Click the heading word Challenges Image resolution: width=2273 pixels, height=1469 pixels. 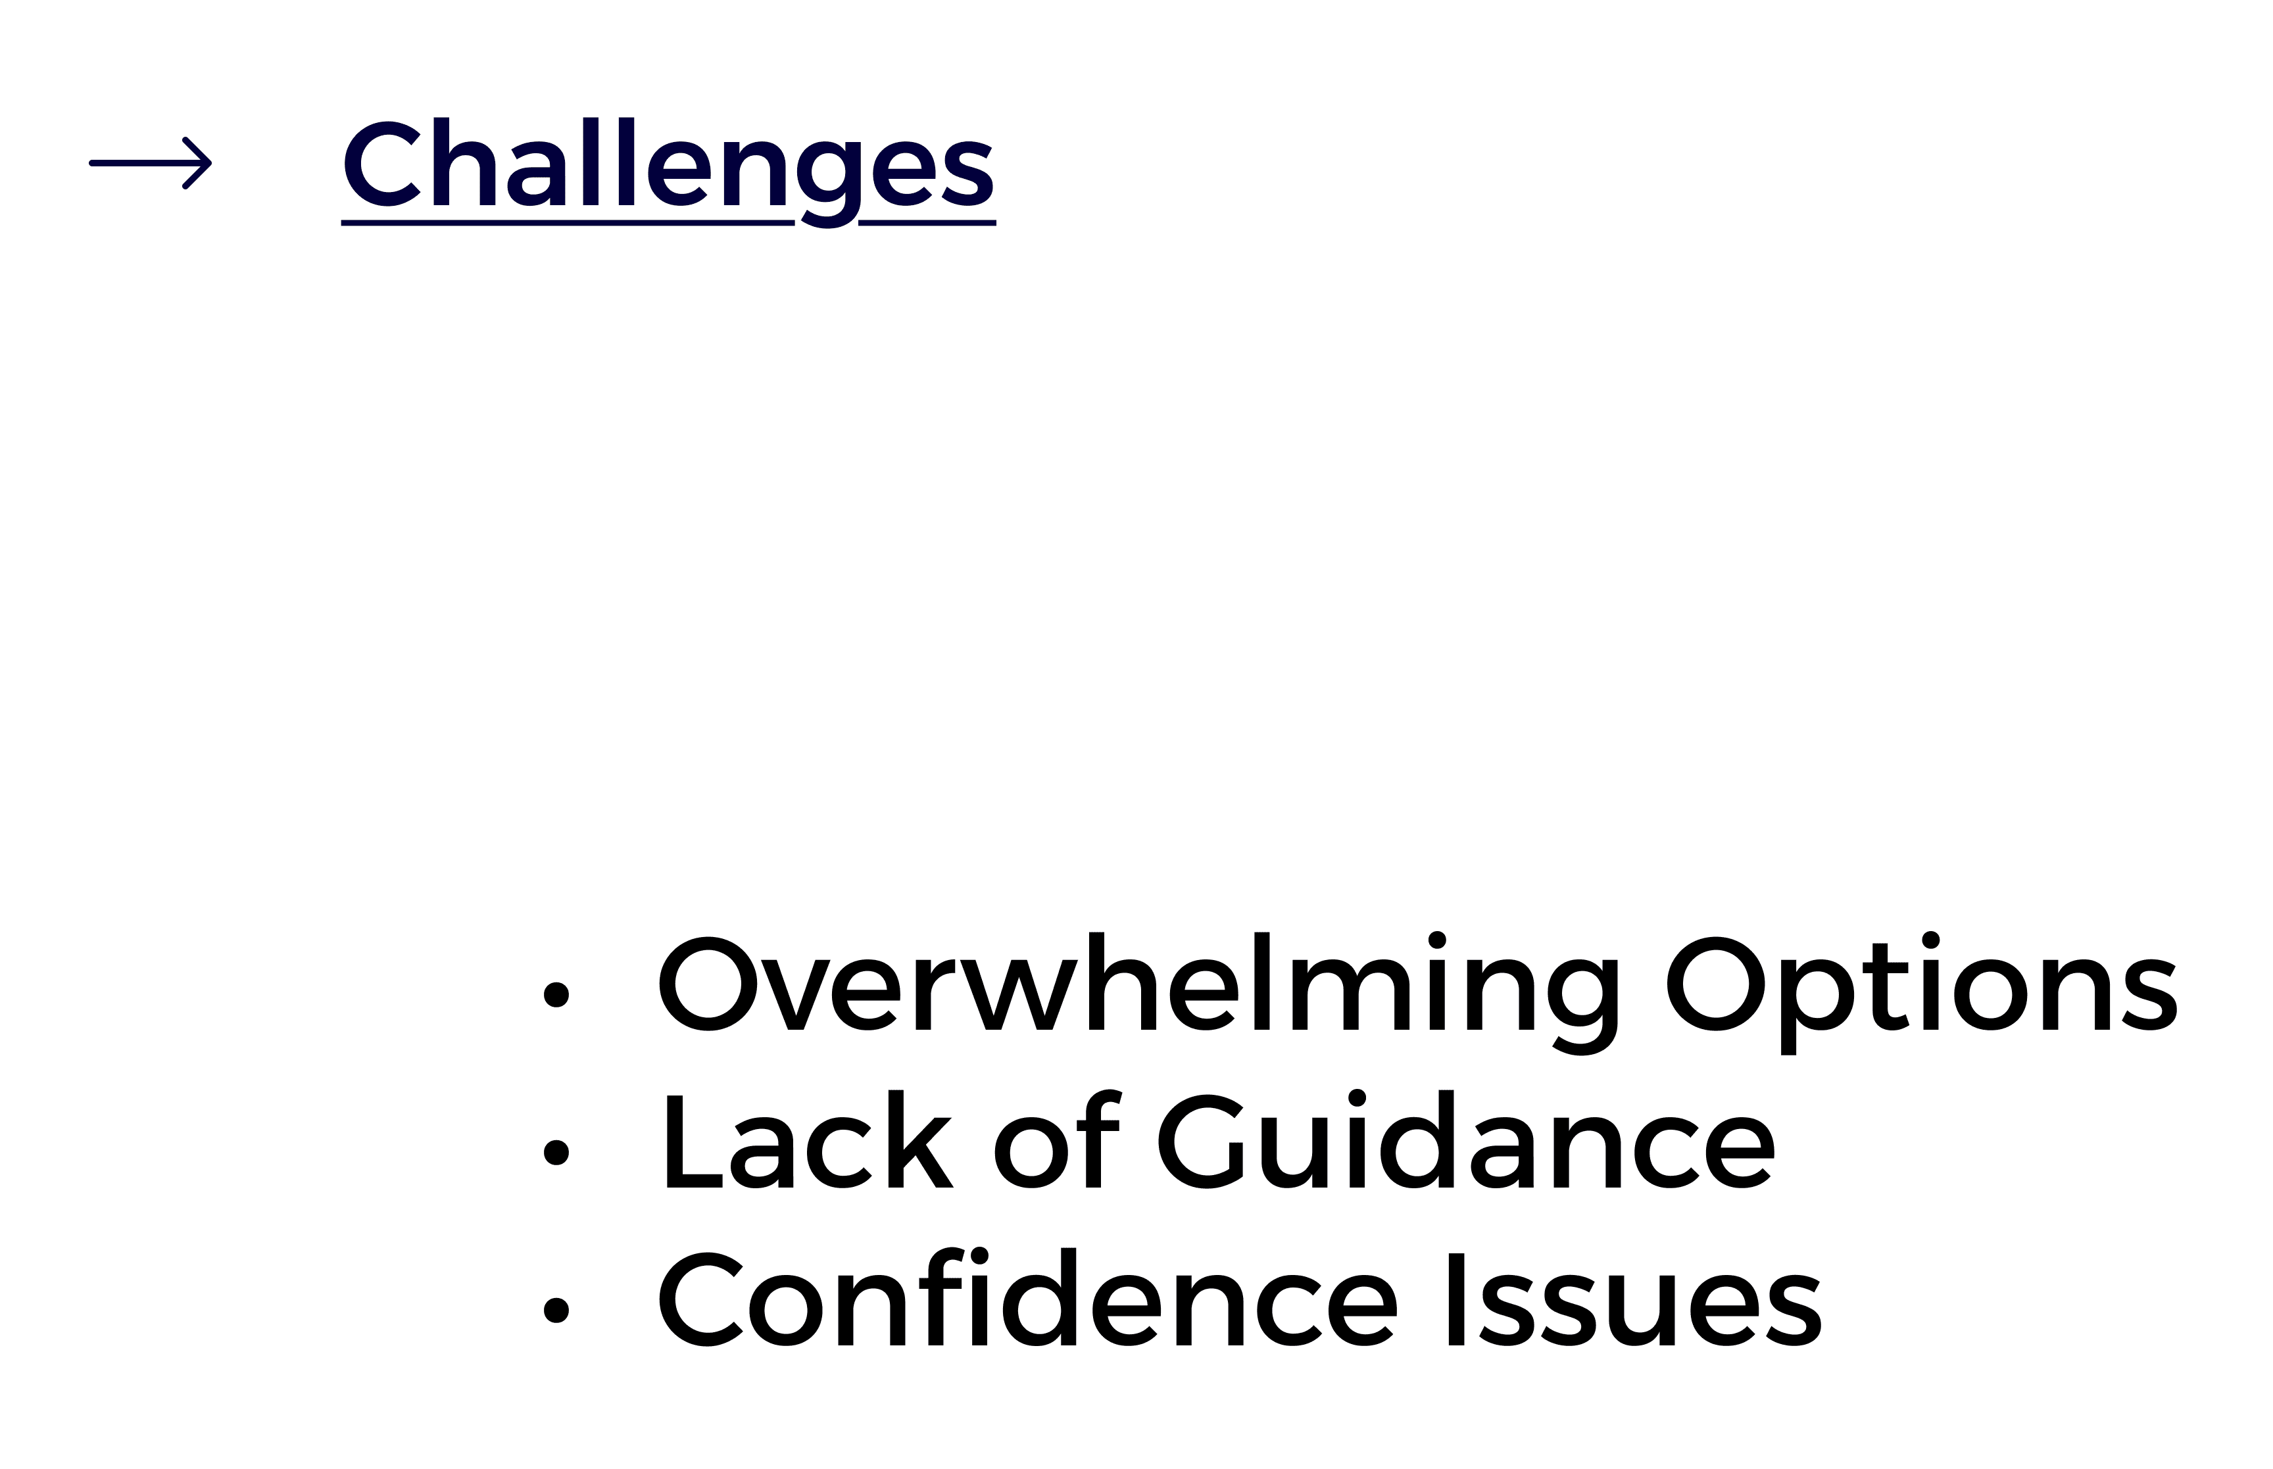668,164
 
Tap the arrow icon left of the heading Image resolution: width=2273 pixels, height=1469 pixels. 150,163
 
